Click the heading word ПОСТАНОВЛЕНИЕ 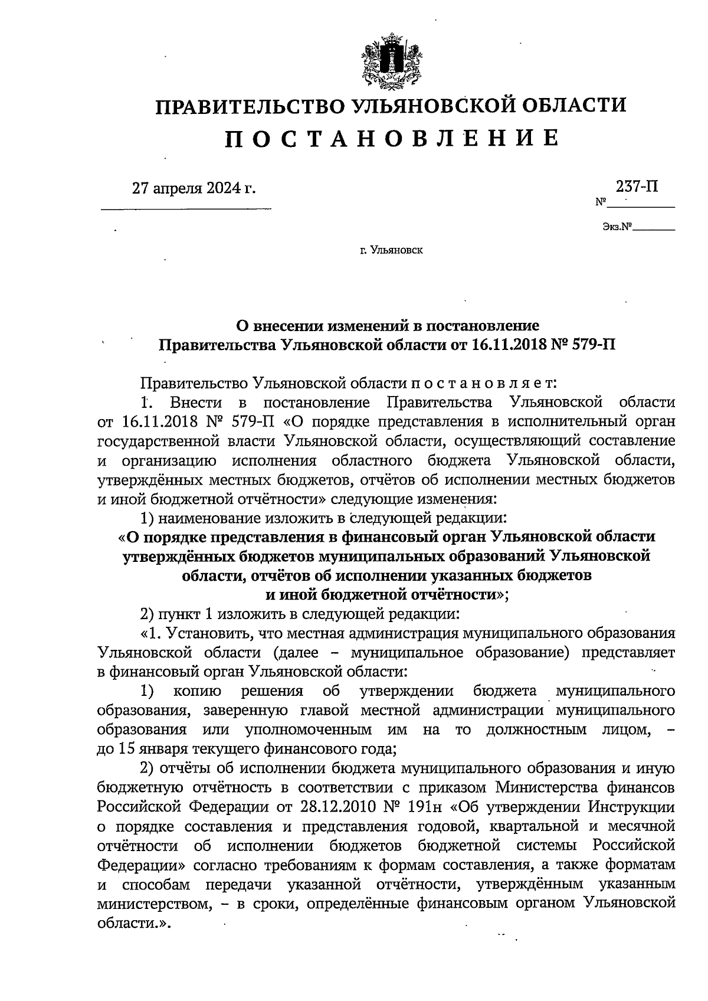pyautogui.click(x=391, y=138)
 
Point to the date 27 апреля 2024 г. pyautogui.click(x=194, y=188)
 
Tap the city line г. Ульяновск pyautogui.click(x=391, y=251)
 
